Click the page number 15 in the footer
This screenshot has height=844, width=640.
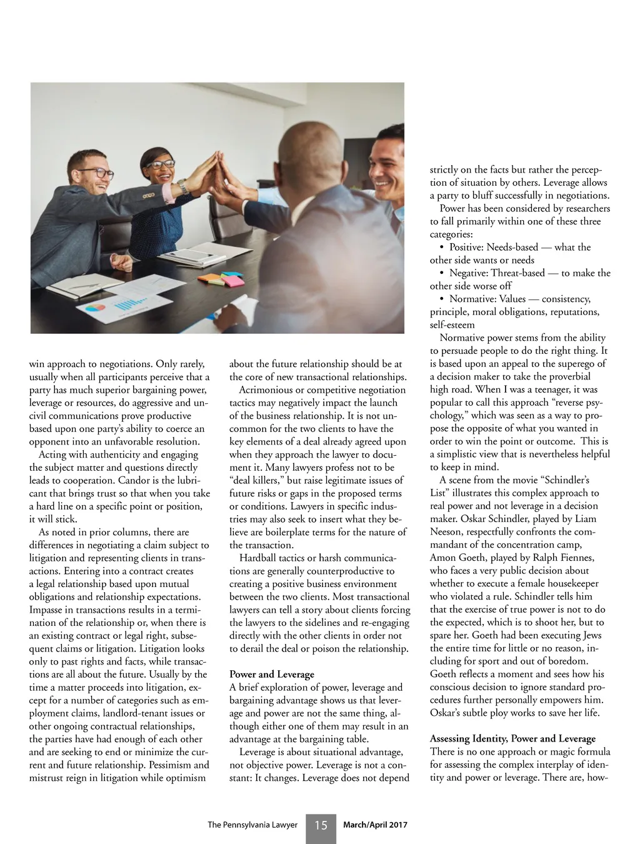pyautogui.click(x=321, y=825)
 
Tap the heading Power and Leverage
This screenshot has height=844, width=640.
pyautogui.click(x=271, y=674)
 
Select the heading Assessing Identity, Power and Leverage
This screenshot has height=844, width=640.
pyautogui.click(x=512, y=738)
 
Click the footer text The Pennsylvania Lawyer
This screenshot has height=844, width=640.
pyautogui.click(x=252, y=825)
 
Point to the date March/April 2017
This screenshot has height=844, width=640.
pyautogui.click(x=375, y=825)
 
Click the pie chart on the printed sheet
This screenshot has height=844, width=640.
pyautogui.click(x=96, y=308)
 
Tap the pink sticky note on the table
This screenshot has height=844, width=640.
pyautogui.click(x=234, y=281)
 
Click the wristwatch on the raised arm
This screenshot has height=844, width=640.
pyautogui.click(x=182, y=186)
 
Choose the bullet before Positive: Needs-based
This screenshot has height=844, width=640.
pyautogui.click(x=442, y=248)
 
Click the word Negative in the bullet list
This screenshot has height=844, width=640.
pyautogui.click(x=468, y=273)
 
